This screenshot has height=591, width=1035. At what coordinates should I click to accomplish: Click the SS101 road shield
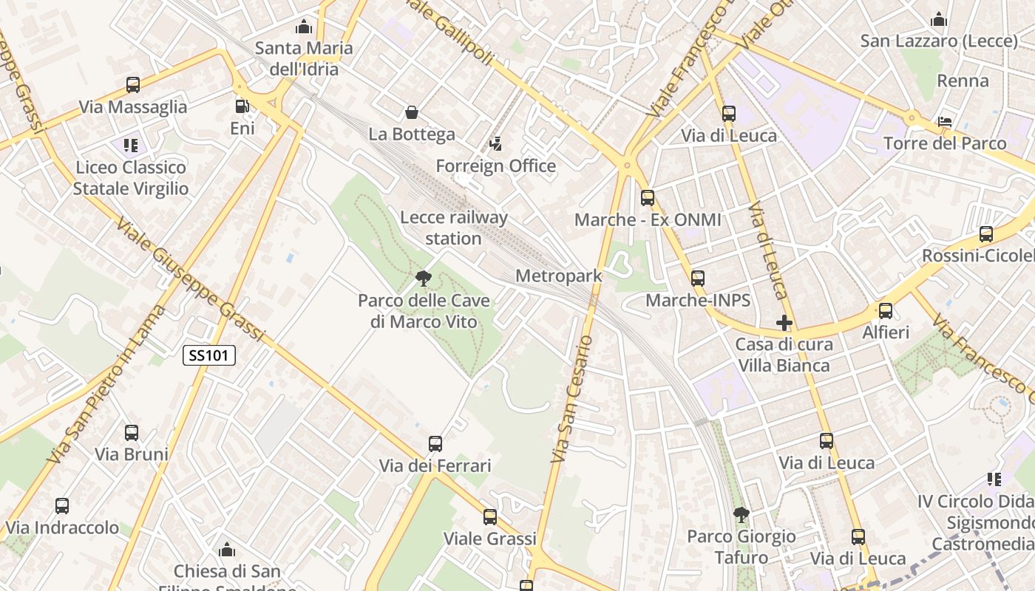coord(209,355)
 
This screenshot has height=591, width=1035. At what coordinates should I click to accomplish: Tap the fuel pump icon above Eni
coord(242,106)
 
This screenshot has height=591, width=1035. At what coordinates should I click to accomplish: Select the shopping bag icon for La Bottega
coord(412,112)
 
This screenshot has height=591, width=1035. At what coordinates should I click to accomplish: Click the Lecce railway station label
coord(453,228)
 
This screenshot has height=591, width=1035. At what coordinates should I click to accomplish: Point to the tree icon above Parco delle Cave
coord(424,279)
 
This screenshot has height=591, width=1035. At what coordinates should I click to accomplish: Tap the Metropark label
coord(559,276)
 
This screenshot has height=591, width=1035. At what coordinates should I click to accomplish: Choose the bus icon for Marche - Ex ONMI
coord(648,198)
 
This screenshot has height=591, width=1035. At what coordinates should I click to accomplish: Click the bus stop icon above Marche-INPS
coord(698,279)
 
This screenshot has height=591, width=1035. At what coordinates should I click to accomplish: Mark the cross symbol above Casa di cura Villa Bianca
coord(784,323)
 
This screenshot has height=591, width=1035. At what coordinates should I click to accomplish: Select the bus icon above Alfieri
coord(886,311)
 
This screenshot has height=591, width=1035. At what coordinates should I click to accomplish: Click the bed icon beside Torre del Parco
coord(944,122)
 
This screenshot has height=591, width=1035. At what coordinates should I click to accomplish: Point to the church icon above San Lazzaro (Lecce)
coord(939,19)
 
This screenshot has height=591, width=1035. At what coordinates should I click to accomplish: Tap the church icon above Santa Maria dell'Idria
coord(304,27)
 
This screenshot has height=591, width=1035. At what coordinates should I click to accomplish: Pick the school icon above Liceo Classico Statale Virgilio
coord(131,145)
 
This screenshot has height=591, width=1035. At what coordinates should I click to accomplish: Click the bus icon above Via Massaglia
coord(133,85)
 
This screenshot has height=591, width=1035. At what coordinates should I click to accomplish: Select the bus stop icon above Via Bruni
coord(132,432)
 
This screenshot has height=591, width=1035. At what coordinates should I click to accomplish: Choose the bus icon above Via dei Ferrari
coord(435,444)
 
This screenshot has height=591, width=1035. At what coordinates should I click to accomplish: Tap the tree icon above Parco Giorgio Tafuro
coord(741,515)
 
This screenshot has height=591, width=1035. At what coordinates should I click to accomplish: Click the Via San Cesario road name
coord(573,399)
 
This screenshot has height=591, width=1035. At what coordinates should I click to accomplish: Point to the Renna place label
coord(963,81)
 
